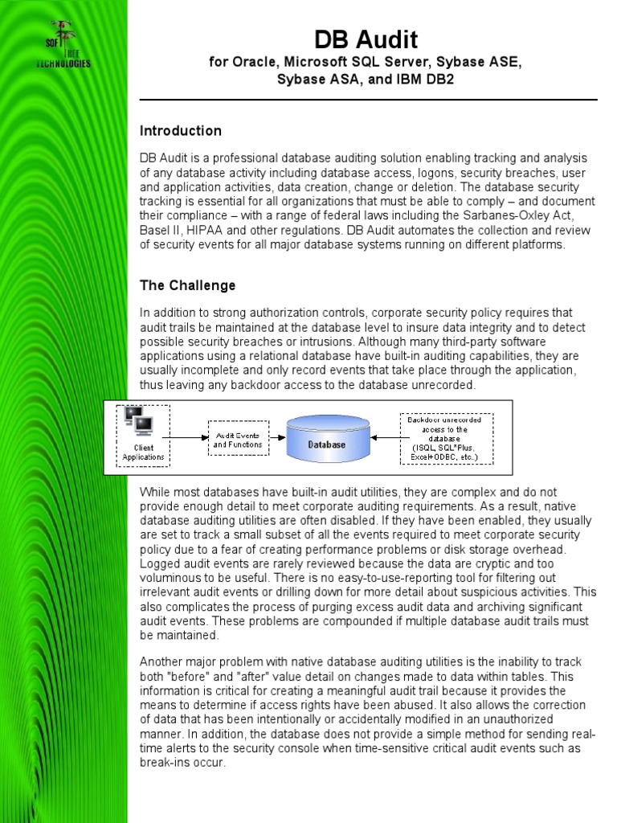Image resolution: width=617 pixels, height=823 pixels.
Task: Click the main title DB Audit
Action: pyautogui.click(x=366, y=39)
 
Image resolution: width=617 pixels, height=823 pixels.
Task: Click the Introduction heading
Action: pyautogui.click(x=181, y=131)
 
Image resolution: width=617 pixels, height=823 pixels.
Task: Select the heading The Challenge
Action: pyautogui.click(x=187, y=285)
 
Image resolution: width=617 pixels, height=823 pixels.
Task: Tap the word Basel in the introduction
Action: pyautogui.click(x=156, y=230)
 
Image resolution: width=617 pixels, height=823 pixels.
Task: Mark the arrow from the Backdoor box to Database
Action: pyautogui.click(x=385, y=438)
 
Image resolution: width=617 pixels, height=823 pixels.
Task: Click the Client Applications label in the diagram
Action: pyautogui.click(x=143, y=452)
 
